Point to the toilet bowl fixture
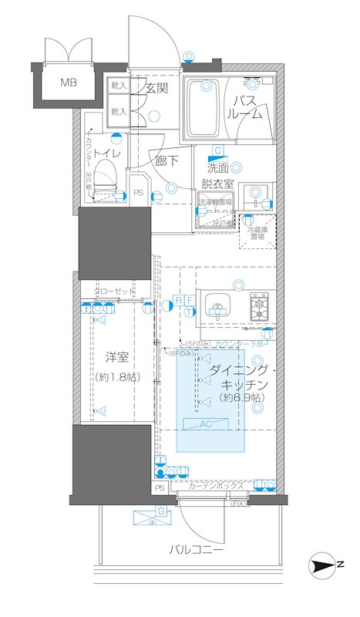[x=107, y=173]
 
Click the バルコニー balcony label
[x=197, y=551]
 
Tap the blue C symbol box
[x=218, y=152]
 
